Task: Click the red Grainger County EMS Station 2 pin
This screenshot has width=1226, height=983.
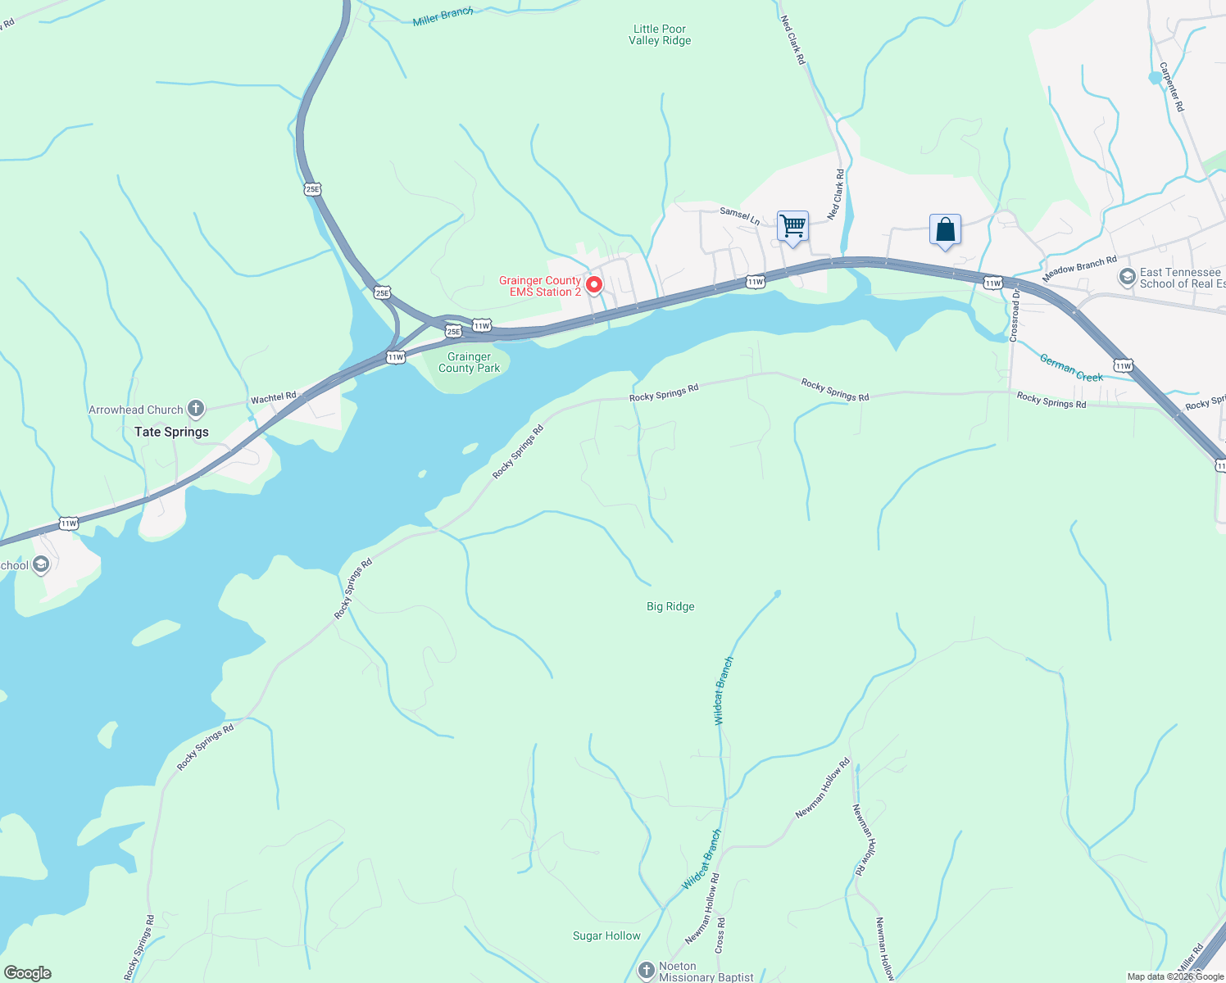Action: pyautogui.click(x=594, y=284)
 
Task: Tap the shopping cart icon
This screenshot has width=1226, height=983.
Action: pyautogui.click(x=792, y=225)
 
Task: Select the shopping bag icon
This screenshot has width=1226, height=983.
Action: pyautogui.click(x=945, y=229)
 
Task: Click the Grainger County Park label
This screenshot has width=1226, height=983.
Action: pyautogui.click(x=469, y=362)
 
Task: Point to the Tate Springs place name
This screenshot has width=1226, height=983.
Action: pyautogui.click(x=171, y=432)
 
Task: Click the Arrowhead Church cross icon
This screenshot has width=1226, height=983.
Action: pyautogui.click(x=195, y=408)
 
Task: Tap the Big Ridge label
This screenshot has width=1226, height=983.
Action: pyautogui.click(x=670, y=606)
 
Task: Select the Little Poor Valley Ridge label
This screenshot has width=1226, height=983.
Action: pyautogui.click(x=660, y=34)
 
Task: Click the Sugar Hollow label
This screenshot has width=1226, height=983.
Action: pyautogui.click(x=606, y=935)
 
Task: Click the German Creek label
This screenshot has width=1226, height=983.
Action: pyautogui.click(x=1071, y=367)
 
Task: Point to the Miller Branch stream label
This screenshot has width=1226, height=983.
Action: pyautogui.click(x=443, y=16)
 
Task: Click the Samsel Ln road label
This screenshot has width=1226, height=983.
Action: pyautogui.click(x=739, y=215)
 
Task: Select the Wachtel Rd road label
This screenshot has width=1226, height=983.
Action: pyautogui.click(x=273, y=398)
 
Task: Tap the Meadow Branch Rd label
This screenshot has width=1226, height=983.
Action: pyautogui.click(x=1078, y=268)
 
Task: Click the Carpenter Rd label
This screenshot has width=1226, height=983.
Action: pyautogui.click(x=1171, y=87)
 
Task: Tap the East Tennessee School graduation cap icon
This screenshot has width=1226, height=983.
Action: pyautogui.click(x=1127, y=277)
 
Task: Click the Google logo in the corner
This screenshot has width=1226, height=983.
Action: pyautogui.click(x=28, y=973)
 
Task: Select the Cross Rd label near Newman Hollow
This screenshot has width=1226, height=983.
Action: pyautogui.click(x=720, y=934)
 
